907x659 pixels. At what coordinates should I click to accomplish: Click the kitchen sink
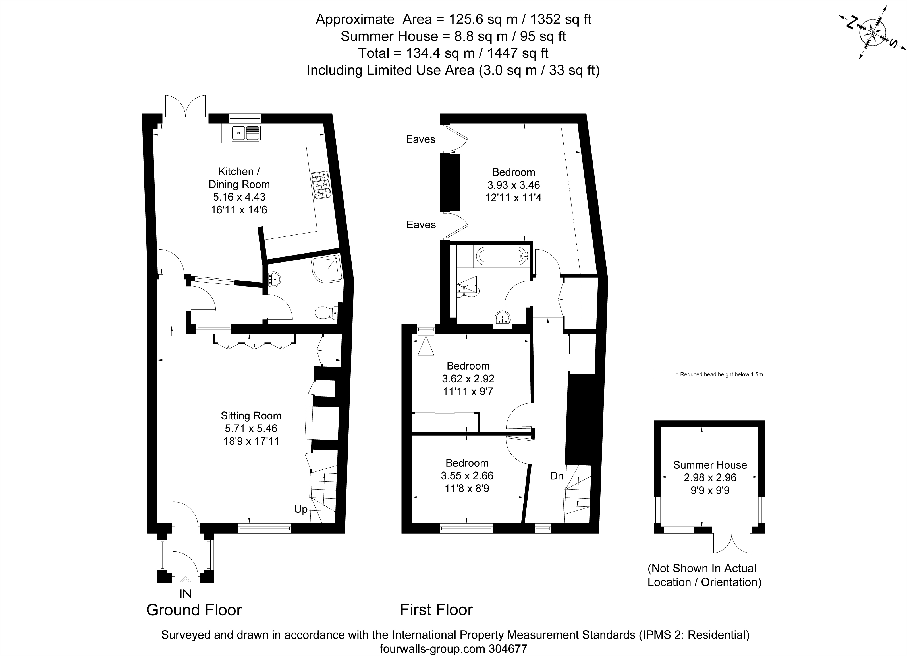(245, 133)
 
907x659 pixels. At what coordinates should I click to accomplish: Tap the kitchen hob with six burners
(321, 185)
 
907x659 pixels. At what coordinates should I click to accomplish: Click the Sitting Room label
(251, 416)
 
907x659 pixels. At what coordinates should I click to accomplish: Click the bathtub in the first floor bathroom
(501, 256)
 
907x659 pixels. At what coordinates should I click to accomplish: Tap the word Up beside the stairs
(301, 509)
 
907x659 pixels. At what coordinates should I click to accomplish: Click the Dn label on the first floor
(557, 476)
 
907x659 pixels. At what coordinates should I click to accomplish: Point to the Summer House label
(710, 465)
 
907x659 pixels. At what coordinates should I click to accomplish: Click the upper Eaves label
(420, 139)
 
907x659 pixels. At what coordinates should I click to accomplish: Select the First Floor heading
(436, 610)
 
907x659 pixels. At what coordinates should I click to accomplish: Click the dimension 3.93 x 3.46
(514, 185)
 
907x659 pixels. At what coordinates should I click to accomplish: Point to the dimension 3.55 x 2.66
(467, 476)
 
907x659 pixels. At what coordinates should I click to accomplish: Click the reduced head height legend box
(663, 375)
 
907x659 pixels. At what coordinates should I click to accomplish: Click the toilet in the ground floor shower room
(325, 313)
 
